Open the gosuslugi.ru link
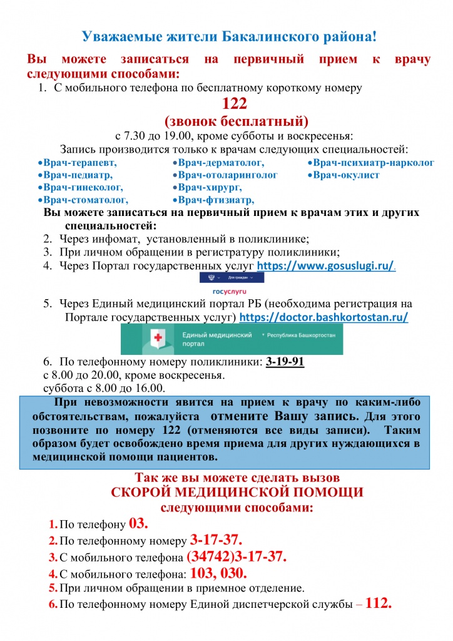326,266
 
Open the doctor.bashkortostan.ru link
324,317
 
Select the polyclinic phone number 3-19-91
285,362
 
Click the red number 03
138,523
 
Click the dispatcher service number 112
379,603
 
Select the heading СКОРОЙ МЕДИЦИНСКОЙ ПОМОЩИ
237,492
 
